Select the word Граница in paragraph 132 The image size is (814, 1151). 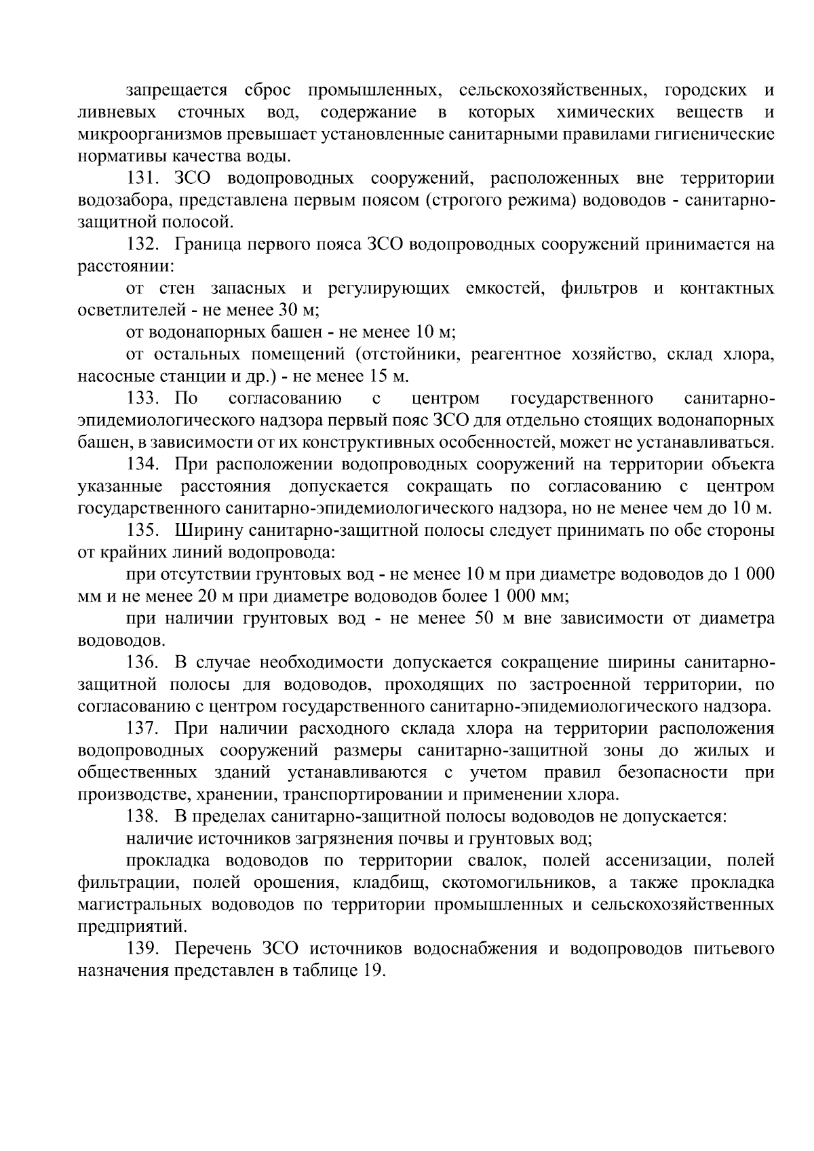click(206, 244)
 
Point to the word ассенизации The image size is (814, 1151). click(657, 861)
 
